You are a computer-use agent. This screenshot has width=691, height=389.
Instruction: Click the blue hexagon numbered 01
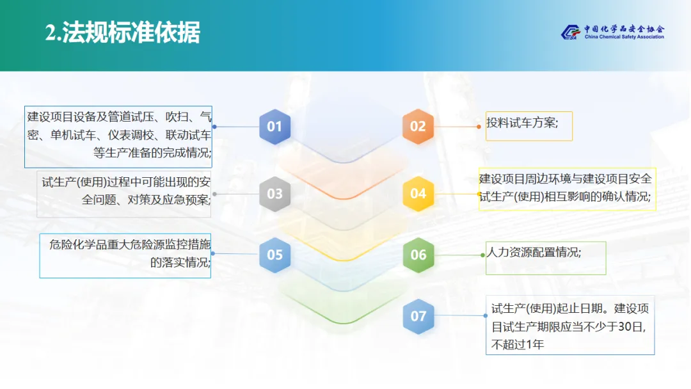[x=274, y=127]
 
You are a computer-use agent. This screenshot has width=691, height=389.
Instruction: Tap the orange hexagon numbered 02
[x=418, y=127]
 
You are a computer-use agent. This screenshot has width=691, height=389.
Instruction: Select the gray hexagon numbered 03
[x=274, y=194]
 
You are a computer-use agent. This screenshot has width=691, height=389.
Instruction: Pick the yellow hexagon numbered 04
[x=418, y=194]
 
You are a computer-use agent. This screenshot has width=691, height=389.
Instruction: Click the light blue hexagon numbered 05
[x=274, y=255]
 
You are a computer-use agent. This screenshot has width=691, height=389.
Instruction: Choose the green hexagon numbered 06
[x=418, y=255]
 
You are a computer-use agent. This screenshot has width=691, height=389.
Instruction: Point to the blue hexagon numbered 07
[x=418, y=316]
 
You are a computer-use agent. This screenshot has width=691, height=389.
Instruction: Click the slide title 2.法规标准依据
[x=123, y=33]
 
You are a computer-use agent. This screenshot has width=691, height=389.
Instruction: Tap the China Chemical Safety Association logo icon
[x=570, y=32]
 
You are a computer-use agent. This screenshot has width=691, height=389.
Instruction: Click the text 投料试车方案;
[x=522, y=123]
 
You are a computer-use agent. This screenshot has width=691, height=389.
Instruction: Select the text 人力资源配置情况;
[x=534, y=252]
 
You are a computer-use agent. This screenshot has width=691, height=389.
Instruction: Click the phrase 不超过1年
[x=518, y=345]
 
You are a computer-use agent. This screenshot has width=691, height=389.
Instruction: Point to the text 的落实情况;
[x=180, y=262]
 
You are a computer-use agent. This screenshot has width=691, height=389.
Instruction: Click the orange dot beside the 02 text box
[x=479, y=127]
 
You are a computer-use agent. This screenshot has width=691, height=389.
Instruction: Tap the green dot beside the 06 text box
[x=482, y=255]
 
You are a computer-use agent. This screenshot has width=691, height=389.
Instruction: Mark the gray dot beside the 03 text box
[x=214, y=194]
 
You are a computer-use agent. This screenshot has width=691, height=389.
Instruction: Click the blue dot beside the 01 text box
[x=214, y=127]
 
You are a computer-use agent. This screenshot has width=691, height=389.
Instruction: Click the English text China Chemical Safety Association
[x=624, y=37]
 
